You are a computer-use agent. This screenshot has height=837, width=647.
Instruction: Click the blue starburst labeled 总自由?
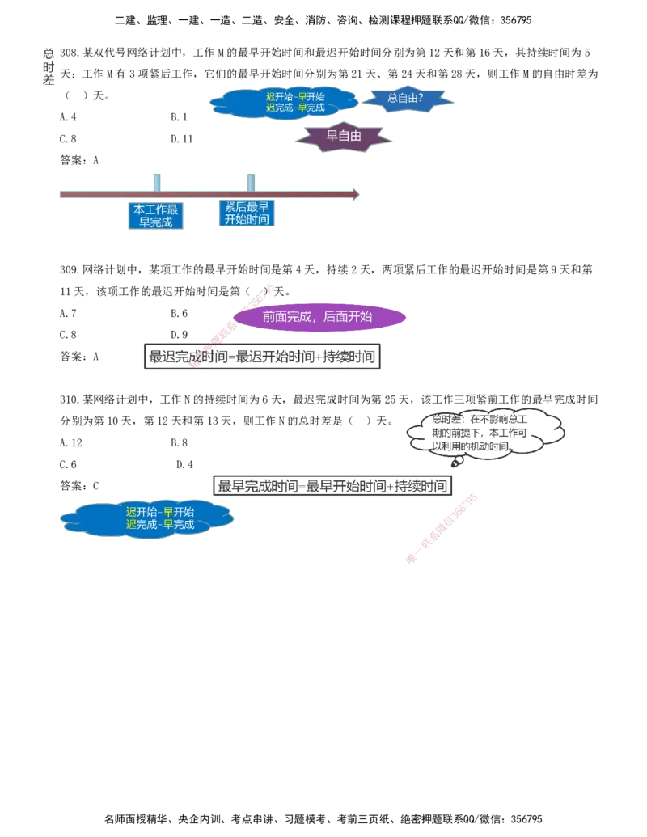pos(408,99)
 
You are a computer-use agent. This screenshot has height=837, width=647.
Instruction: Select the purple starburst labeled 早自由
pos(345,137)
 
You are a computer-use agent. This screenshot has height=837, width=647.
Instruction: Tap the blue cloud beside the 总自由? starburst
pos(283,103)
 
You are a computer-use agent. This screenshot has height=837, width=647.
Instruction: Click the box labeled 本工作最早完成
pos(155,216)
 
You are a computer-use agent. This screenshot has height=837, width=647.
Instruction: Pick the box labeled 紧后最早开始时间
pos(247,214)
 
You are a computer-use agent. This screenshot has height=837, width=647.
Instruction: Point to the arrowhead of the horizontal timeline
pos(354,194)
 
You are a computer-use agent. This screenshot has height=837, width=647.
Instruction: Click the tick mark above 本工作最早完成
pos(156,180)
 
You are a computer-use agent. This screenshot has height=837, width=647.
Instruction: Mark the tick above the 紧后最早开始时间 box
pos(252,180)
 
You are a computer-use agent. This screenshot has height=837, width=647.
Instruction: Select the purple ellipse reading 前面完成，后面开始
pos(319,317)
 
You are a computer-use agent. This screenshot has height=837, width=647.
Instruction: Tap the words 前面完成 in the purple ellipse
pos(287,317)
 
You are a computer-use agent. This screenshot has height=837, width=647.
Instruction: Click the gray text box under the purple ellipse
pos(261,357)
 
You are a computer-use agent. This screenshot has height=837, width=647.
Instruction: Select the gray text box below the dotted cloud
pos(330,485)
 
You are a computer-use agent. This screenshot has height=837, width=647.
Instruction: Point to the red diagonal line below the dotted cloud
pos(442,526)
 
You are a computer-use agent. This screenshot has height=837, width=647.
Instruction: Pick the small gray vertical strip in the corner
pos(48,67)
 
